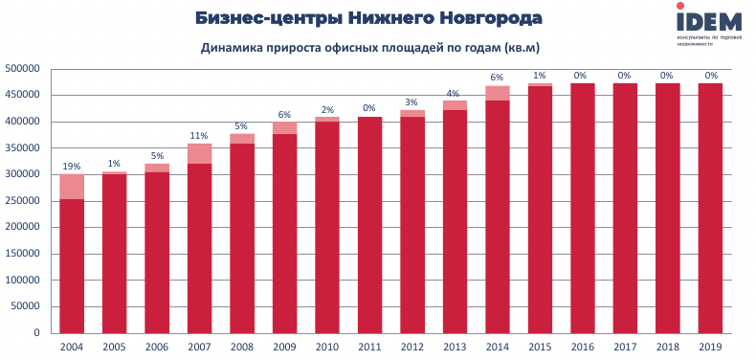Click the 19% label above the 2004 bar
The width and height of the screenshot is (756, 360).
[x=72, y=166]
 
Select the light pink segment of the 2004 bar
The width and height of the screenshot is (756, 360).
[x=72, y=187]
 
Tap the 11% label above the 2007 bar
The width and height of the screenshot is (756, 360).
[x=200, y=136]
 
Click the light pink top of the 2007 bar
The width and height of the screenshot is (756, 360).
[x=200, y=153]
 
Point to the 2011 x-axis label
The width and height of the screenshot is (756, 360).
[x=369, y=347]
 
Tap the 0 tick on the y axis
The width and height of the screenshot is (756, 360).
[x=36, y=333]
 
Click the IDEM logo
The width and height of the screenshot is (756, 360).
[x=708, y=23]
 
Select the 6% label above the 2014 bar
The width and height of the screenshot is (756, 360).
[x=497, y=78]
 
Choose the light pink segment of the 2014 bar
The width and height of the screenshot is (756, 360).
[x=497, y=93]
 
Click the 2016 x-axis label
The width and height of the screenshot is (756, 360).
[x=582, y=347]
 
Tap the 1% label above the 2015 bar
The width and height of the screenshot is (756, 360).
[x=540, y=76]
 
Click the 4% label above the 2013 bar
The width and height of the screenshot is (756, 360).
[x=455, y=92]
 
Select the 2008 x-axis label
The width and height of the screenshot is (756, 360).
[x=242, y=347]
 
